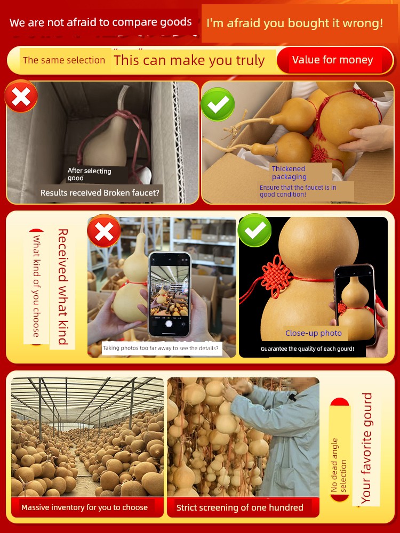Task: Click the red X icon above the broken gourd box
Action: coord(21,96)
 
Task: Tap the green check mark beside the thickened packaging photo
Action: coord(218,104)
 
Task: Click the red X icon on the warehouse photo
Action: coord(104,231)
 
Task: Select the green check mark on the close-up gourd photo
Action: coord(255,230)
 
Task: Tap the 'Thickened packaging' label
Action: coord(289,173)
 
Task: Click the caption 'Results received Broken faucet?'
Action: coord(100,193)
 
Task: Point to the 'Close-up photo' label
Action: coord(313,333)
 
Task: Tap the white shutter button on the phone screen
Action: coord(169,324)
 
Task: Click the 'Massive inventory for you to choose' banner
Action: coord(84,507)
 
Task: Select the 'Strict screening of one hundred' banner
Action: coord(240,508)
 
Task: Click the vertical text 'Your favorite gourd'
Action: coord(367,448)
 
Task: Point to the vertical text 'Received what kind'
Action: coord(63,287)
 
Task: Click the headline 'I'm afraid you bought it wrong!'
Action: coord(294,23)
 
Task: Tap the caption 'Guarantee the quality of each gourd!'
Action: coord(308,349)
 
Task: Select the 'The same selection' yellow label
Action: coord(65,60)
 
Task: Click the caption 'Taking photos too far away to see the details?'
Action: coord(161,348)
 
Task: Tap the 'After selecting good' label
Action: coord(90,174)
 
